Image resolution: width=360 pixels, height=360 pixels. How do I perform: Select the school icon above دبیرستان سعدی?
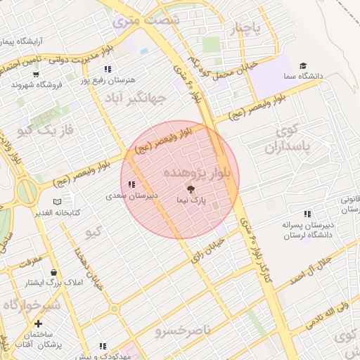[x=131, y=184]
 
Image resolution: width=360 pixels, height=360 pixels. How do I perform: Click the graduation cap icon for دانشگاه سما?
[x=303, y=65]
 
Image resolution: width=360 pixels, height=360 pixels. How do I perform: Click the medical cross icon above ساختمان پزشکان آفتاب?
[x=38, y=324]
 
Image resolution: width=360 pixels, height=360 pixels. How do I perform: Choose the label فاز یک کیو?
[x=46, y=129]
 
